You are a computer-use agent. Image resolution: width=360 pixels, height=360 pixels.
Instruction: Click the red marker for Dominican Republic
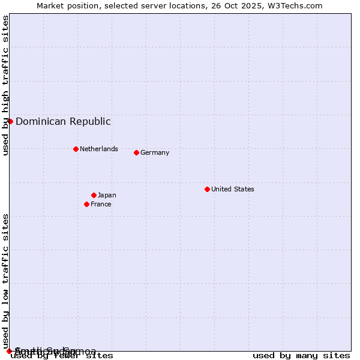(10, 121)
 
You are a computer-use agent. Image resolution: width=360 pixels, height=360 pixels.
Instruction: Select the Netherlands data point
(76, 149)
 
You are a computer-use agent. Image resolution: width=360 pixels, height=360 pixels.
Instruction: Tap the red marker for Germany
(136, 152)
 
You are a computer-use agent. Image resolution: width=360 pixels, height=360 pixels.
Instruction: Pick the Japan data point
(94, 195)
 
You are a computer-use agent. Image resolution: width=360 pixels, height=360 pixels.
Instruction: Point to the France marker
(86, 204)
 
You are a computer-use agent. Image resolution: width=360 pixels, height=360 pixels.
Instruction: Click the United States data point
(207, 189)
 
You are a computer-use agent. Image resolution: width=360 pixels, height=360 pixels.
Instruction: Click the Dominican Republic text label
(63, 121)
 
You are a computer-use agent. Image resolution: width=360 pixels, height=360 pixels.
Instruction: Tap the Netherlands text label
(99, 149)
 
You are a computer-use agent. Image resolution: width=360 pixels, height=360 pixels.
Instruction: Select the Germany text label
(155, 152)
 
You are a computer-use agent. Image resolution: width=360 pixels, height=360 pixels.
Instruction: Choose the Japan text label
(107, 195)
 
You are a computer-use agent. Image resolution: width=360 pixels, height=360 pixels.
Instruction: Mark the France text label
(101, 204)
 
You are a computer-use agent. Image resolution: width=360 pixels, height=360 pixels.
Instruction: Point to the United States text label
(233, 189)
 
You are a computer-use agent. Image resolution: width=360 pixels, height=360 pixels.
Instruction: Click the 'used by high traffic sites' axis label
(5, 85)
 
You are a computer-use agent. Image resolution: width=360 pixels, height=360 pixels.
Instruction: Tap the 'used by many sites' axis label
(301, 356)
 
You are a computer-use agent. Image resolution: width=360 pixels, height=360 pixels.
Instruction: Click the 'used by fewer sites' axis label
(62, 356)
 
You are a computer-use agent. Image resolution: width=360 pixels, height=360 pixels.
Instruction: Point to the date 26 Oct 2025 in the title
(235, 5)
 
